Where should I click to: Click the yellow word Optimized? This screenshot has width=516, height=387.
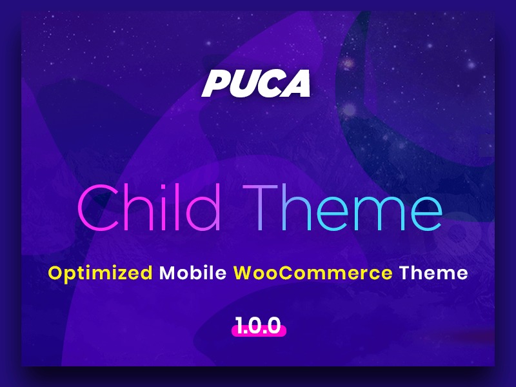click(101, 273)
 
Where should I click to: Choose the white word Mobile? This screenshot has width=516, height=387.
click(193, 272)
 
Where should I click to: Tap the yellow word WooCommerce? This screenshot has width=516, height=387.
click(313, 272)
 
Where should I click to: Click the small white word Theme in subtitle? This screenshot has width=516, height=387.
click(433, 272)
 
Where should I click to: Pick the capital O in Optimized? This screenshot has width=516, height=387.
click(56, 272)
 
